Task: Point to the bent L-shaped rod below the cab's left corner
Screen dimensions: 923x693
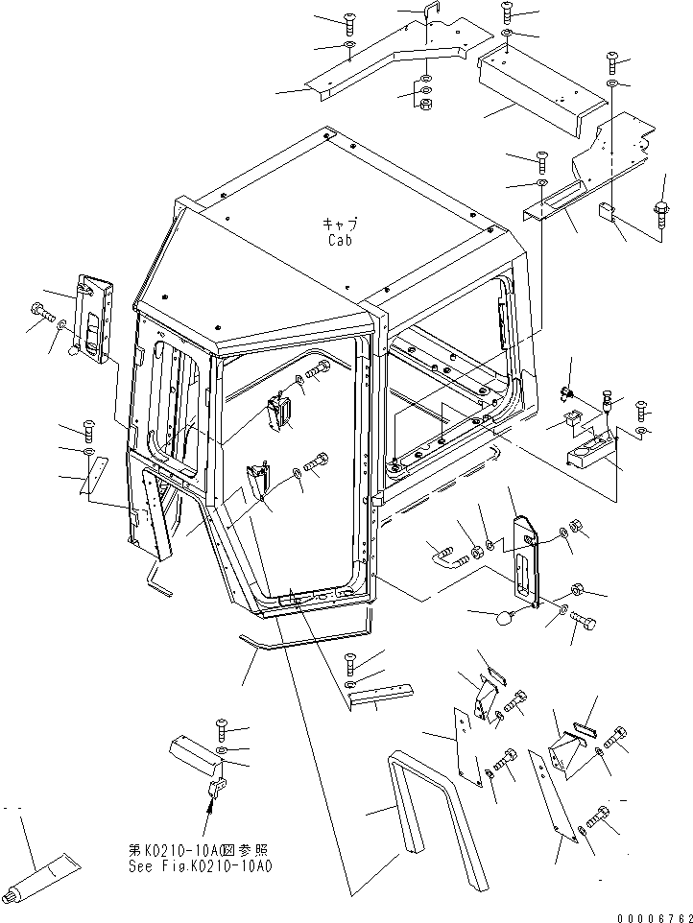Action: [155, 581]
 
